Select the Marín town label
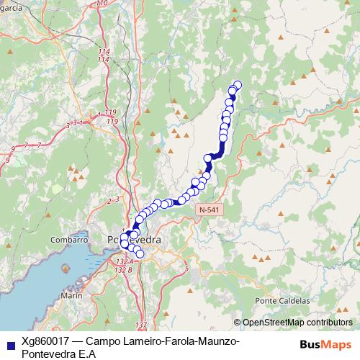[x=71, y=295]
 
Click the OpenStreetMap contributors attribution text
[x=297, y=323]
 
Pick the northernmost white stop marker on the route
[x=238, y=86]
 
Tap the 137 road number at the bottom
[x=140, y=325]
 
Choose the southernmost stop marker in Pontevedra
[x=140, y=254]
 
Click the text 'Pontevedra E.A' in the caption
[x=59, y=354]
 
